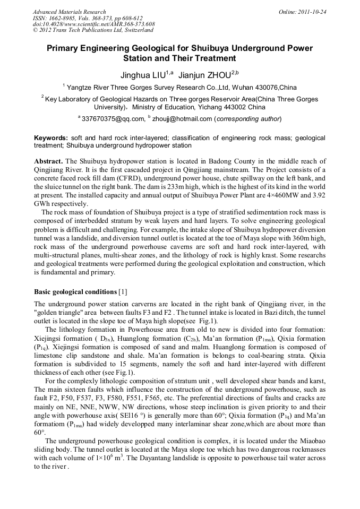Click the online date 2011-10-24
[313, 12]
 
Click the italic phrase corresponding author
[248, 118]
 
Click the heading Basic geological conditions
[75, 292]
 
